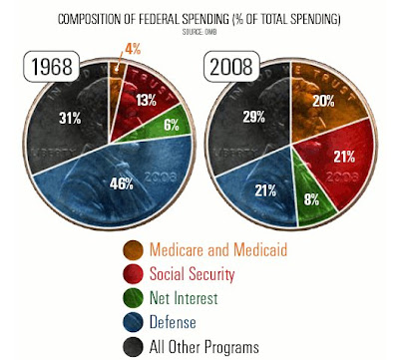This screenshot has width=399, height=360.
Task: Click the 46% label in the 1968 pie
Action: click(122, 183)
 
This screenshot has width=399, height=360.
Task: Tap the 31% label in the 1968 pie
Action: click(70, 118)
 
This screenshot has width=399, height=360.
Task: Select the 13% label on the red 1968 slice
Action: click(146, 100)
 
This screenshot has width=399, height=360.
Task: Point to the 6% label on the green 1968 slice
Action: click(172, 125)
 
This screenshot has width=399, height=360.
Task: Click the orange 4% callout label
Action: click(133, 49)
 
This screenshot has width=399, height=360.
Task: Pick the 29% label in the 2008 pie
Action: click(254, 117)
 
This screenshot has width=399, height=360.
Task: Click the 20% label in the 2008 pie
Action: click(323, 101)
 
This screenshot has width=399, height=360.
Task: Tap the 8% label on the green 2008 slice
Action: click(311, 199)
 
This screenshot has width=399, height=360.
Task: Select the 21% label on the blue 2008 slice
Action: click(265, 190)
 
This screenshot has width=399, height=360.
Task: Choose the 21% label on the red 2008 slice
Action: click(344, 157)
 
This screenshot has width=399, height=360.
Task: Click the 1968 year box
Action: click(52, 66)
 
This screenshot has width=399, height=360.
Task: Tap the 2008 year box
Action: click(231, 66)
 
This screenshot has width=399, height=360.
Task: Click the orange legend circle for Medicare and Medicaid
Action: click(133, 250)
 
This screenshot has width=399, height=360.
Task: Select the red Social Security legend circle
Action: click(133, 274)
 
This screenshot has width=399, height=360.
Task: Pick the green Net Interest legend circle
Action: click(133, 298)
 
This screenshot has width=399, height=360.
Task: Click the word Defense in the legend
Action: click(173, 322)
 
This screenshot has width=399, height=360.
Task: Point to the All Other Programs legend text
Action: click(204, 347)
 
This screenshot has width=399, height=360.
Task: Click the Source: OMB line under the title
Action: click(199, 32)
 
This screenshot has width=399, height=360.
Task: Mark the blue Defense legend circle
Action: click(133, 322)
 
